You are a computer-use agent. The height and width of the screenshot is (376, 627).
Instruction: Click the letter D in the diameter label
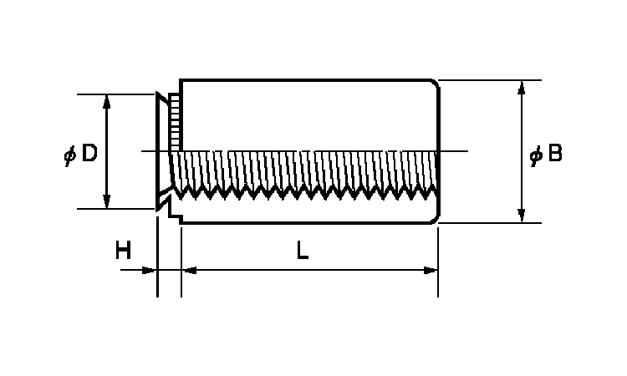pyautogui.click(x=89, y=154)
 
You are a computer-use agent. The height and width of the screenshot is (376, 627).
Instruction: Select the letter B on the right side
pyautogui.click(x=553, y=154)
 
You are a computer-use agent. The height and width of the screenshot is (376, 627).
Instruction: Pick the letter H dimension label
pyautogui.click(x=124, y=250)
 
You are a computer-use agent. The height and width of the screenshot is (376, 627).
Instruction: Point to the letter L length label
pyautogui.click(x=303, y=250)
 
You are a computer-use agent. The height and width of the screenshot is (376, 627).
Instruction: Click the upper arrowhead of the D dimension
pyautogui.click(x=106, y=101)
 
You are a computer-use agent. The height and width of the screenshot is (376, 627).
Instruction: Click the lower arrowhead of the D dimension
pyautogui.click(x=106, y=201)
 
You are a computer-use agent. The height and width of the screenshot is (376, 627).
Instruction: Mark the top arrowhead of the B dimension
pyautogui.click(x=522, y=87)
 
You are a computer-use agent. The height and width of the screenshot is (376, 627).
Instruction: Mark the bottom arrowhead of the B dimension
pyautogui.click(x=522, y=216)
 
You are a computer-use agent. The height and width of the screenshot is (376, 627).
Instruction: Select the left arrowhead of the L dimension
pyautogui.click(x=188, y=270)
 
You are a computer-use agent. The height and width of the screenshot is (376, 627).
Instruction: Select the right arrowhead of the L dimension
pyautogui.click(x=431, y=270)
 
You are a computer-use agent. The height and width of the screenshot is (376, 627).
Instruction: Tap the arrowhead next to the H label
pyautogui.click(x=150, y=270)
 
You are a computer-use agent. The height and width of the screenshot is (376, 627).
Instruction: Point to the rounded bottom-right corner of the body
pyautogui.click(x=434, y=219)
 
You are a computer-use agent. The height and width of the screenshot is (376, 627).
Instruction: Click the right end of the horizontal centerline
pyautogui.click(x=466, y=151)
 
